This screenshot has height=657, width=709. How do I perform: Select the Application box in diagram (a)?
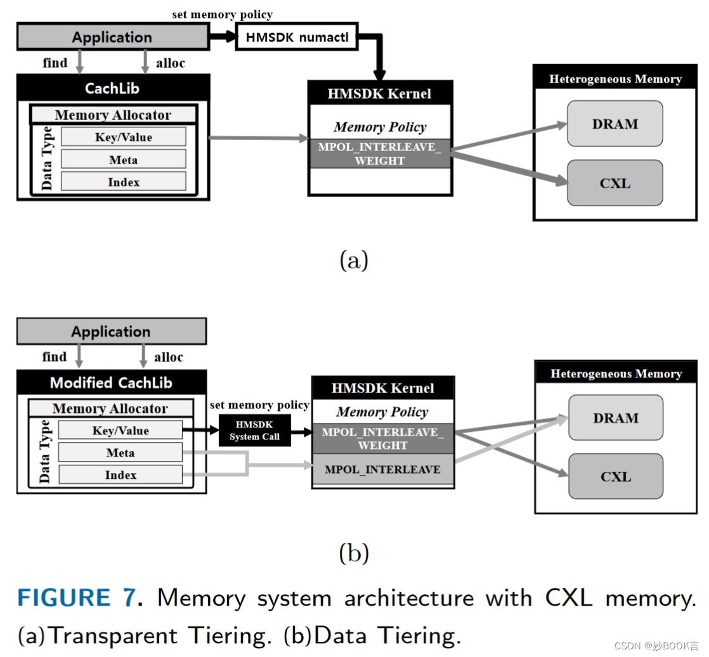tap(112, 37)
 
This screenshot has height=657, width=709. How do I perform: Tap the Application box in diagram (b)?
tap(111, 331)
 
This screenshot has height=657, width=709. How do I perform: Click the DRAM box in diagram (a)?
tap(615, 124)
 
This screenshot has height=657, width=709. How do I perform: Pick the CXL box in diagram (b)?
tap(615, 476)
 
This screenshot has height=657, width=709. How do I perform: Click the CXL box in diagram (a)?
tap(615, 183)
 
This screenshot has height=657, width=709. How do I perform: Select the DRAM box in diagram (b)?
tap(615, 418)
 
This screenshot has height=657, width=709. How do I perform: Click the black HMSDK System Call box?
tap(254, 431)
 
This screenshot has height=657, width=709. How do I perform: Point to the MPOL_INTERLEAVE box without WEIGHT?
tap(382, 469)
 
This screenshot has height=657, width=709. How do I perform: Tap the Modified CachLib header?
tap(111, 382)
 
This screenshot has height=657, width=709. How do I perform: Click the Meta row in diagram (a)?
tap(123, 159)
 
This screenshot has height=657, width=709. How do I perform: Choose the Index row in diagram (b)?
tap(120, 474)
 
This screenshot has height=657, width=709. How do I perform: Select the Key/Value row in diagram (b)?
tap(120, 430)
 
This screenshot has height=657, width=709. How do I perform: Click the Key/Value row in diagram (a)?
tap(123, 137)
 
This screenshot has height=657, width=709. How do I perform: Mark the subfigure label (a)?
tap(354, 260)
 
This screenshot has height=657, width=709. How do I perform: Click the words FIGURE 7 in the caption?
tap(75, 598)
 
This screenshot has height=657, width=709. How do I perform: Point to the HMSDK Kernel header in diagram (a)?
tap(379, 93)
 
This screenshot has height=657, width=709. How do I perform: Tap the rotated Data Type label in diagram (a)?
tap(46, 159)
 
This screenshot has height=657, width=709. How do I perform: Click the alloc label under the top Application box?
tap(170, 63)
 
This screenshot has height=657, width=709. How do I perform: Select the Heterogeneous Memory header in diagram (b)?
tap(615, 373)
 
